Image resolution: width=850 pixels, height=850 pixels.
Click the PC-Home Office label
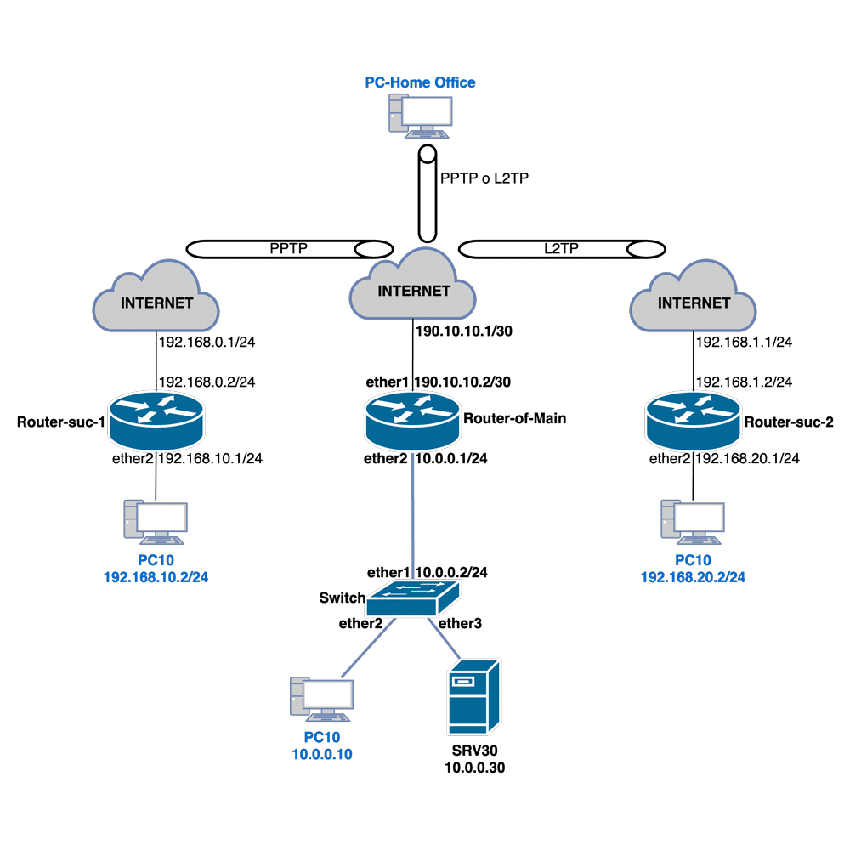420,82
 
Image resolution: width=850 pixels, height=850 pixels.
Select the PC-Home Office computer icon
421,116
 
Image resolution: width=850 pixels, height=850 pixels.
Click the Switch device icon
405,600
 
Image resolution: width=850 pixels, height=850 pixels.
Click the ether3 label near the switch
461,623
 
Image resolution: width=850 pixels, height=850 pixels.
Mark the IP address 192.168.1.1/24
745,343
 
